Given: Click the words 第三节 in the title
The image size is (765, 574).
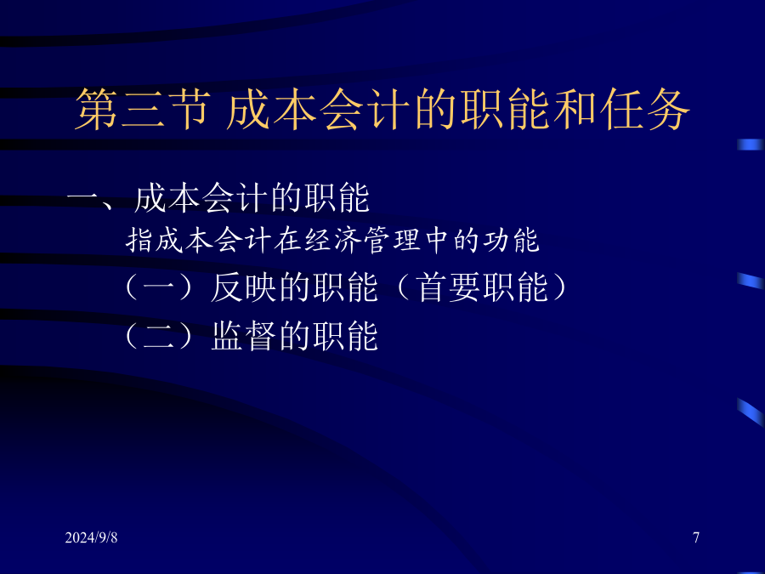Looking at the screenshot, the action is point(143,110).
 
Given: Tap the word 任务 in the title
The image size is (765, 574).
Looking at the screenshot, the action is point(645,110).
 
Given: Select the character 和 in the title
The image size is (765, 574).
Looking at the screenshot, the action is point(575,110).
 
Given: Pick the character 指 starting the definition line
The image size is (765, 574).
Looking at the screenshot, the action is point(140,240).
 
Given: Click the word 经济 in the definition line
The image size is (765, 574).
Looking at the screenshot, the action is point(334,240).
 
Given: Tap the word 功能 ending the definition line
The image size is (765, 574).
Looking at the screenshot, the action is point(512,240).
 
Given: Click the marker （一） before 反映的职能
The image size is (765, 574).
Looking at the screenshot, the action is point(159,287).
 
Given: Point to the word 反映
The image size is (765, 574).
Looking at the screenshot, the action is point(243,287).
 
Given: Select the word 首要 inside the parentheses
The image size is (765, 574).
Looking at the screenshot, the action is point(448,287).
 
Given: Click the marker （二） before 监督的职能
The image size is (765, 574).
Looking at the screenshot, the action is point(159,336).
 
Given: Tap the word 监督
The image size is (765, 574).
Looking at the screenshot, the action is point(243,336).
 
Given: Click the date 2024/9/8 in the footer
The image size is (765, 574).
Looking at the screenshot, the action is point(91,537).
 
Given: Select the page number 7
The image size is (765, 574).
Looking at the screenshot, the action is point(696,537).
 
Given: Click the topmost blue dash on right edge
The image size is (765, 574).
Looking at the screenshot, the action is point(751,145).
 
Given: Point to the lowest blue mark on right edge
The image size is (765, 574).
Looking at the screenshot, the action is point(751,412).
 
